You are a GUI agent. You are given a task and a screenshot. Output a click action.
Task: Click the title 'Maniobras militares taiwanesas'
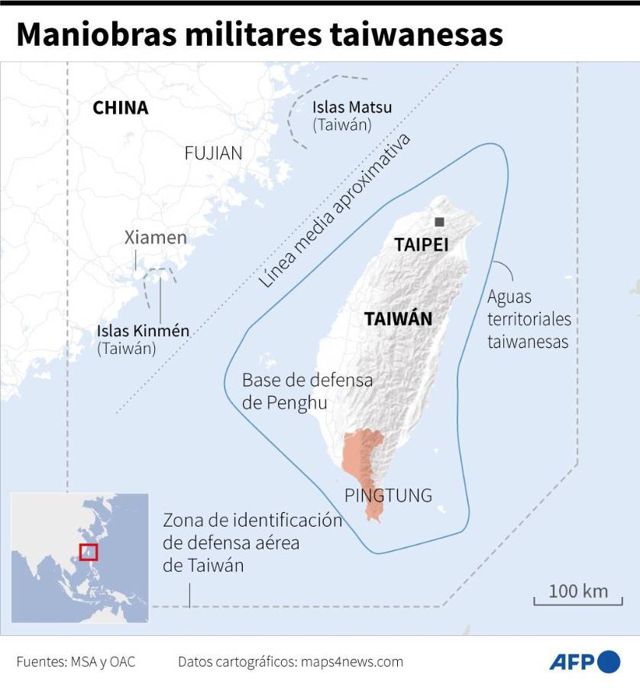260,34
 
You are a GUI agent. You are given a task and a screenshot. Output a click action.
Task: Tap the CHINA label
120,108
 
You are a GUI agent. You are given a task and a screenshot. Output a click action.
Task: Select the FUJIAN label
213,153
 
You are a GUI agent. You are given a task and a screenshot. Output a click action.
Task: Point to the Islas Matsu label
351,107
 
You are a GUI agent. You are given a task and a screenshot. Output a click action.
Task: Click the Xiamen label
156,237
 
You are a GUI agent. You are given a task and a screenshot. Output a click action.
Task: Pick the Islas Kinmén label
143,331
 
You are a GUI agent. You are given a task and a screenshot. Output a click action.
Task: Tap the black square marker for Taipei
439,222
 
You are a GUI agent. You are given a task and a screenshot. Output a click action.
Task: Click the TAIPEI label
421,245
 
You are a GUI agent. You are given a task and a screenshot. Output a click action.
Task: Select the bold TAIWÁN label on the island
398,319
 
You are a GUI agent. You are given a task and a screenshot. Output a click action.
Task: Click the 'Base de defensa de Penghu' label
307,391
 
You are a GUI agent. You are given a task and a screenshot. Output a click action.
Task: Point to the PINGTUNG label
388,495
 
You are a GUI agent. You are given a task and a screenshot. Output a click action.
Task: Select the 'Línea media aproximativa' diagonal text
334,210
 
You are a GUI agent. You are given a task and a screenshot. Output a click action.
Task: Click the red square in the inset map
89,551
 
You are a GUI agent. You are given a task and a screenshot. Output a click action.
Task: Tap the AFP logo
585,661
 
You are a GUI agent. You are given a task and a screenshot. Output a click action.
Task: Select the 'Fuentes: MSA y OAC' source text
76,662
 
